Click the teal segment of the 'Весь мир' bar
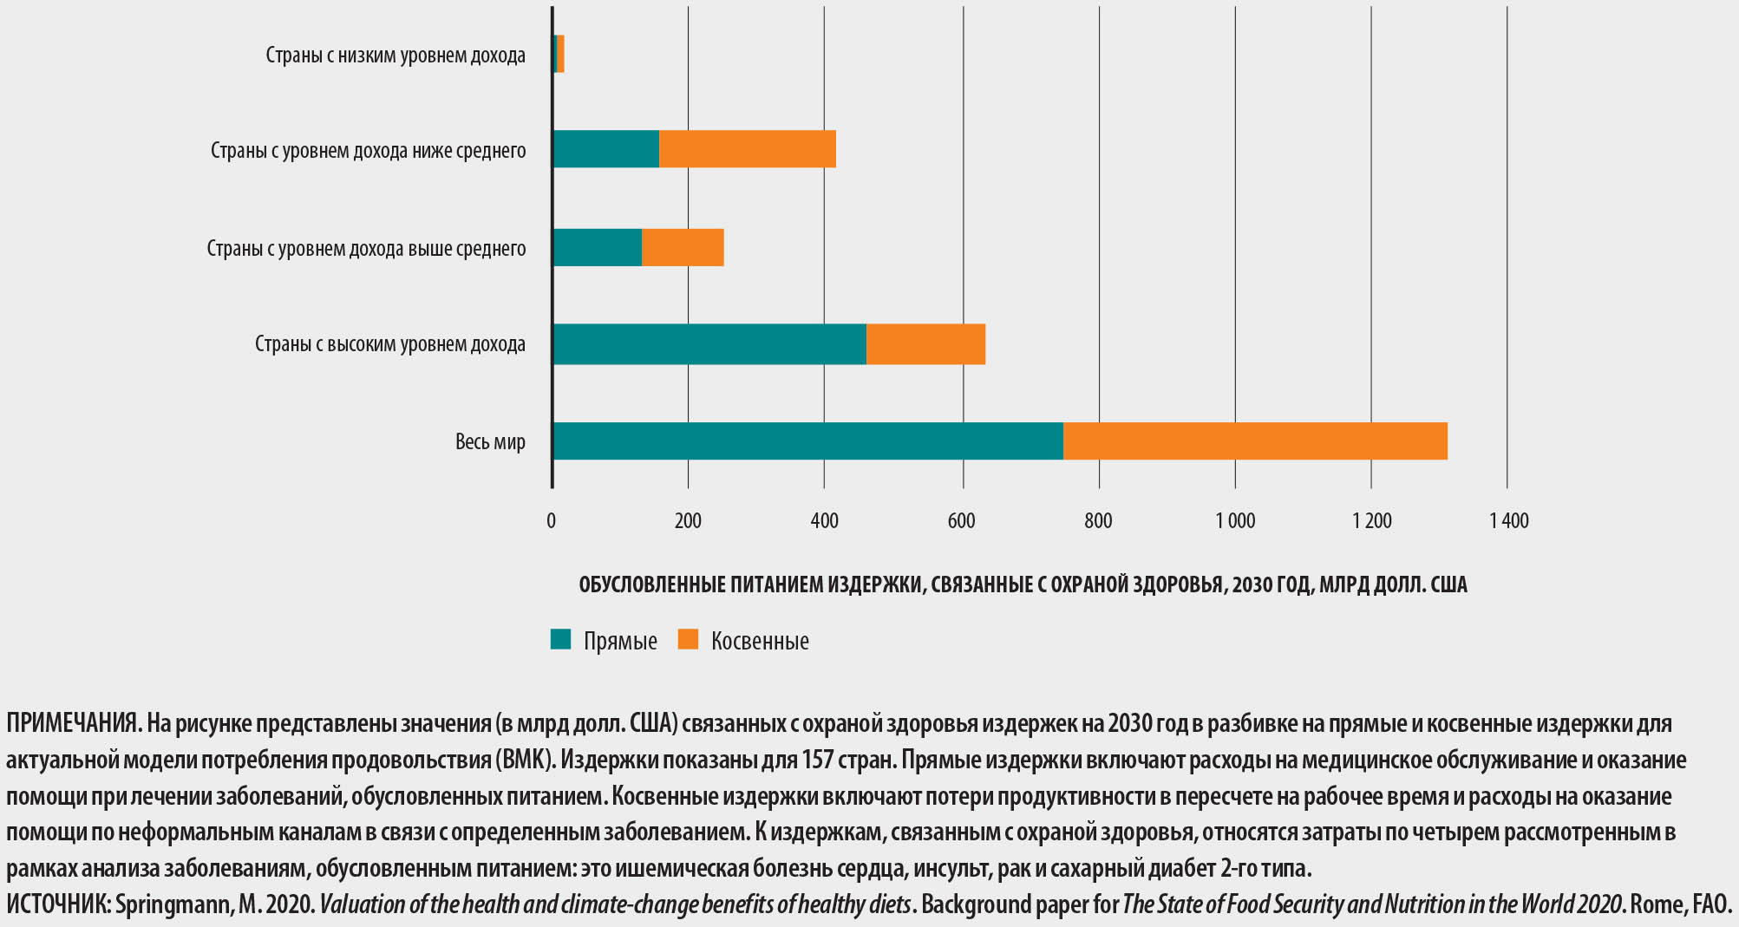coord(807,441)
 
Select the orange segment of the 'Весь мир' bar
coord(1255,441)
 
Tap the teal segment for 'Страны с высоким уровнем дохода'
coord(709,344)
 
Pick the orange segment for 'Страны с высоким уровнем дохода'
coord(925,344)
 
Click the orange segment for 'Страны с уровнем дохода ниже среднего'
coord(747,149)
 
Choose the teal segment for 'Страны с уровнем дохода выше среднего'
coord(597,248)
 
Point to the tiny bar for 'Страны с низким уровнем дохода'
coord(559,54)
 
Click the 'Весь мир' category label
coord(490,441)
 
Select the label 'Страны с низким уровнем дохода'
coord(396,55)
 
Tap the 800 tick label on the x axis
coord(1098,521)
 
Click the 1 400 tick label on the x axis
coord(1509,521)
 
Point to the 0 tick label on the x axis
coord(552,521)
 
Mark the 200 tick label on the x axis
coord(688,521)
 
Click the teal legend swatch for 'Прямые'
coord(561,640)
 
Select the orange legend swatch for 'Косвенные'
coord(688,640)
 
